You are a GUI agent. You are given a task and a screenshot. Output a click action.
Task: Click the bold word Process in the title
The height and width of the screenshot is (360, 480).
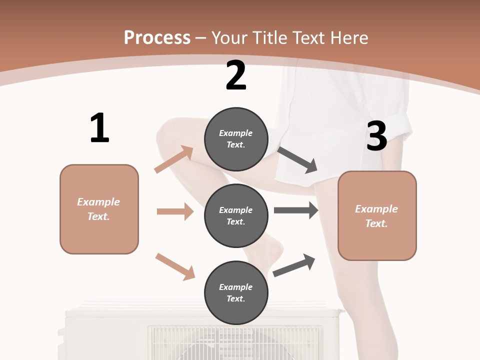click(x=157, y=38)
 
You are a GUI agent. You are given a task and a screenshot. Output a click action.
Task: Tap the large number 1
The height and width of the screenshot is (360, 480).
click(x=99, y=128)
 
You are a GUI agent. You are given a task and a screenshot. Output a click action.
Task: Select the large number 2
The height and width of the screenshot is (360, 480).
click(x=236, y=75)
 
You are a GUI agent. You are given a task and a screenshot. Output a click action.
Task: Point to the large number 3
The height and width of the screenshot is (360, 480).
click(x=376, y=136)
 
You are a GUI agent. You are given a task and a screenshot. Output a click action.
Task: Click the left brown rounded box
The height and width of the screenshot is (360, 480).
click(x=99, y=209)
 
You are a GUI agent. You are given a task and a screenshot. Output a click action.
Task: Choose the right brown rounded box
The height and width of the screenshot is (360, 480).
click(x=377, y=215)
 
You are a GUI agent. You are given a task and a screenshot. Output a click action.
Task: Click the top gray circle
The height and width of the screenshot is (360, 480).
click(x=236, y=139)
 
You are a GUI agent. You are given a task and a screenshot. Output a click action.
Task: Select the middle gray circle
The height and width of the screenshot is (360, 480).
click(x=236, y=215)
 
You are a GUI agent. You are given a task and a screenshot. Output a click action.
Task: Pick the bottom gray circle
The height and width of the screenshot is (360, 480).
click(x=236, y=292)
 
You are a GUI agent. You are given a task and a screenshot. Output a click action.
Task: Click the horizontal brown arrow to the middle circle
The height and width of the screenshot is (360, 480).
click(x=175, y=211)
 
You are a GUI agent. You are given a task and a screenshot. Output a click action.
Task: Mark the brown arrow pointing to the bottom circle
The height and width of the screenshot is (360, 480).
click(x=175, y=266)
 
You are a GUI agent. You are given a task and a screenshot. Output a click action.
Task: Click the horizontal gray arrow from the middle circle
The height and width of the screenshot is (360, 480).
click(x=296, y=210)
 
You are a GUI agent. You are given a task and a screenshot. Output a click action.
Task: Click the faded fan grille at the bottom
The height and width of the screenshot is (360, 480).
click(x=235, y=342)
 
